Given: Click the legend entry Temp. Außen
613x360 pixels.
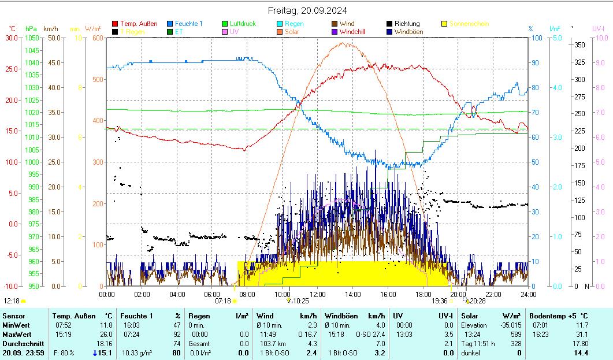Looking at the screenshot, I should tap(138, 24).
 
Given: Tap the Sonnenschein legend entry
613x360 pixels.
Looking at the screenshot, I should tap(469, 24).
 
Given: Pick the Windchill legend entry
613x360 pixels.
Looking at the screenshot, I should tap(356, 32).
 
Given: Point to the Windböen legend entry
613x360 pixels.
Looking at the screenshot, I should tap(409, 32).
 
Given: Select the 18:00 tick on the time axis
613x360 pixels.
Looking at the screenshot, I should tap(422, 294).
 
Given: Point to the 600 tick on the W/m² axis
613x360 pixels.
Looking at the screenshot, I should tap(96, 38).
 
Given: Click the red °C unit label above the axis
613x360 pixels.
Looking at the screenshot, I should tap(12, 28).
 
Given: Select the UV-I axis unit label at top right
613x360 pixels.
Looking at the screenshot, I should tap(599, 28).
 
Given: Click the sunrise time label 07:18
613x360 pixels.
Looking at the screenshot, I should tap(223, 300).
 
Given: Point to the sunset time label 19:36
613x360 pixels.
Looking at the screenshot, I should tap(439, 300).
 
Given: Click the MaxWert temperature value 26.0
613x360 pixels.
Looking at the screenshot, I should tap(106, 334).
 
